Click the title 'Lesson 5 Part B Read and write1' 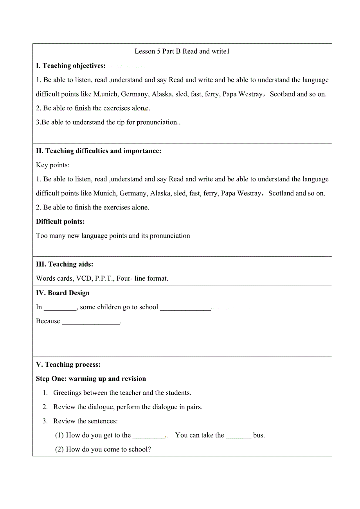[x=182, y=51]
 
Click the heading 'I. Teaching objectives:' [x=71, y=66]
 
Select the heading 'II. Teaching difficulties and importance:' [x=99, y=151]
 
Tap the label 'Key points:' [x=53, y=165]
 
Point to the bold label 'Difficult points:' [x=60, y=222]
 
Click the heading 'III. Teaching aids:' [x=65, y=264]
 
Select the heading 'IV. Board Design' [x=63, y=293]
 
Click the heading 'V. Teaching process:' [x=68, y=364]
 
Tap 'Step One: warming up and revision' [x=91, y=378]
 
